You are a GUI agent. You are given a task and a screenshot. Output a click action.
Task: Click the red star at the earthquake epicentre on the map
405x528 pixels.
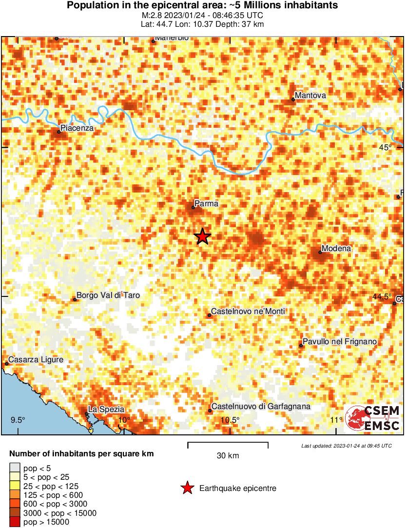[x=203, y=236]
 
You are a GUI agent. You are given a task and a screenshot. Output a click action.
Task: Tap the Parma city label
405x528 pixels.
[x=206, y=204]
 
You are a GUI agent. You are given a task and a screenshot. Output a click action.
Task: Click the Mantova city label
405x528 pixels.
[x=310, y=96]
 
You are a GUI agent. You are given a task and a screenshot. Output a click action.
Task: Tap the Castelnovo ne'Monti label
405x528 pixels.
[x=248, y=312]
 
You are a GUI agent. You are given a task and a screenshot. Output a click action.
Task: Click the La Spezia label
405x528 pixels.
[x=106, y=410]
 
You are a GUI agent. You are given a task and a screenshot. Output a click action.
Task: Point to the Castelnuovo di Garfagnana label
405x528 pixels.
[x=261, y=407]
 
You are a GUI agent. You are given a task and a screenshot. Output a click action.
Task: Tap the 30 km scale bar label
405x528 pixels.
[x=228, y=456]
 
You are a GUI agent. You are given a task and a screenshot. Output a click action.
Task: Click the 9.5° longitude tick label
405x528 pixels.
[x=18, y=420]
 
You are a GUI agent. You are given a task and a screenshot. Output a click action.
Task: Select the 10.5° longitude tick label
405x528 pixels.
[x=230, y=420]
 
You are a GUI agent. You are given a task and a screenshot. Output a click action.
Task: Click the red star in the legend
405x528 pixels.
[x=187, y=488]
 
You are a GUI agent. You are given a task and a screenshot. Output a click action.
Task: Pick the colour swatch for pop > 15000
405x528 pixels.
[x=15, y=522]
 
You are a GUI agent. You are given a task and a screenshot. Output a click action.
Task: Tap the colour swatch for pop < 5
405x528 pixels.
[x=15, y=469]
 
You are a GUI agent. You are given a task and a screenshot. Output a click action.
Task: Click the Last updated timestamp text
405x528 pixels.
[x=346, y=446]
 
